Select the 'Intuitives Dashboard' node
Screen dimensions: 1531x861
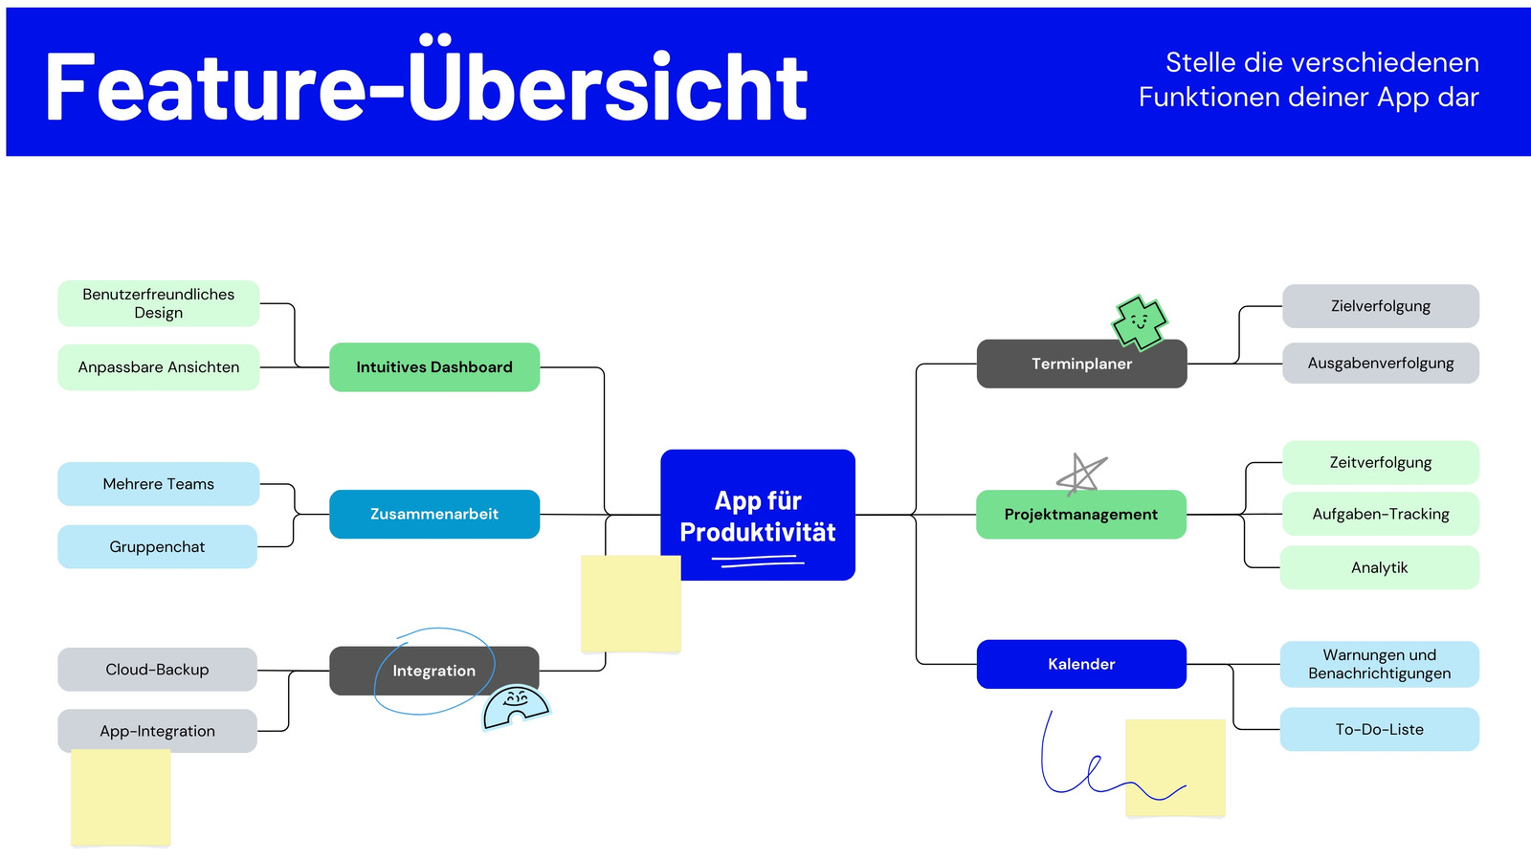pyautogui.click(x=434, y=367)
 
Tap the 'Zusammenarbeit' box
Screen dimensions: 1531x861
pyautogui.click(x=434, y=514)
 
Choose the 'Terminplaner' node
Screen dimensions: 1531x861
pyautogui.click(x=1082, y=364)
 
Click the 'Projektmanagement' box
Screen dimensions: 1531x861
pyautogui.click(x=1081, y=515)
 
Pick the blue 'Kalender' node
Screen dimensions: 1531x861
pyautogui.click(x=1081, y=664)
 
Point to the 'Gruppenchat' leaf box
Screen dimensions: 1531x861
pyautogui.click(x=157, y=546)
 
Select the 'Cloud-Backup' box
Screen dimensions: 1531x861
pyautogui.click(x=157, y=670)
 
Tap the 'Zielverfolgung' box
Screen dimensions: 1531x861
pyautogui.click(x=1381, y=306)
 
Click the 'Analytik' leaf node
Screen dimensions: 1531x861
pyautogui.click(x=1379, y=567)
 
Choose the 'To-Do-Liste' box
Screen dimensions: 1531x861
pyautogui.click(x=1379, y=729)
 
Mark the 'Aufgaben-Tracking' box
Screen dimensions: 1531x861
pyautogui.click(x=1381, y=514)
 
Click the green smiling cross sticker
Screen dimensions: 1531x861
pyautogui.click(x=1140, y=321)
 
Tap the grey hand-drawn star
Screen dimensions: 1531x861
pyautogui.click(x=1080, y=474)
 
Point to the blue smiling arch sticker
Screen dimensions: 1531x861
pyautogui.click(x=516, y=707)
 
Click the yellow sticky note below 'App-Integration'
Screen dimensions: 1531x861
pyautogui.click(x=121, y=798)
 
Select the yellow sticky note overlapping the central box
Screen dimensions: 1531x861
pyautogui.click(x=631, y=604)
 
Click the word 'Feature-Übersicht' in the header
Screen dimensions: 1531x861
pyautogui.click(x=427, y=85)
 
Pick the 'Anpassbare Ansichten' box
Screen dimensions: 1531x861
pyautogui.click(x=159, y=367)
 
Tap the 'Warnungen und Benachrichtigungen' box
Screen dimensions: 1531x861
pyautogui.click(x=1379, y=664)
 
